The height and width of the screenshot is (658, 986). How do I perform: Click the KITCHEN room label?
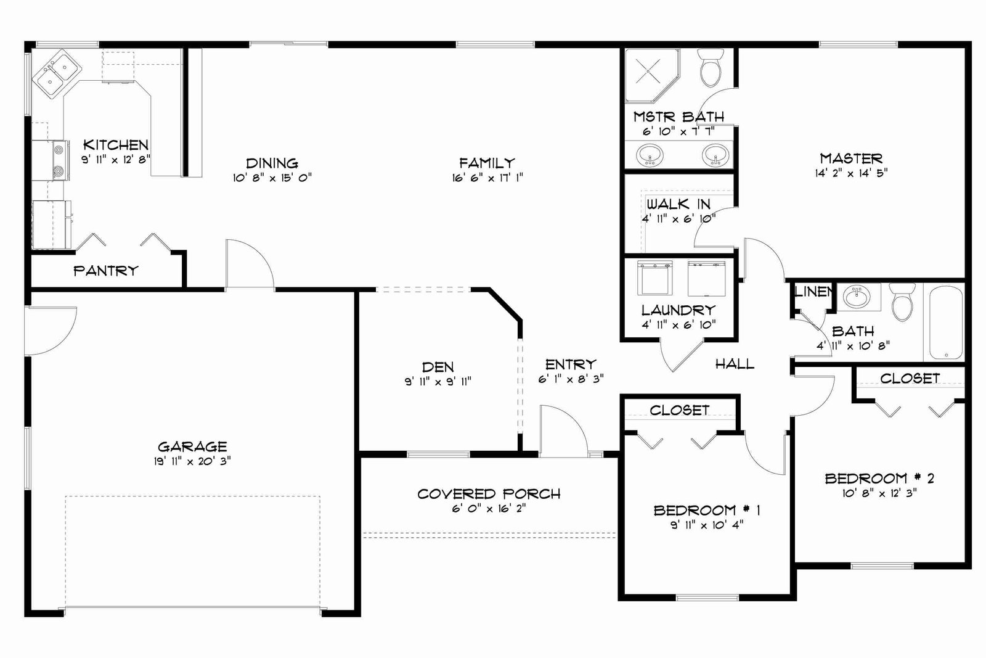[116, 144]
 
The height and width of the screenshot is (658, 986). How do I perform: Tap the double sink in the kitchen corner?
[56, 74]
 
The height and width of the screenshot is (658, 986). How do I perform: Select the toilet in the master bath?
[711, 67]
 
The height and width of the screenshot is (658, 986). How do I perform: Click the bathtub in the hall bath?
[946, 323]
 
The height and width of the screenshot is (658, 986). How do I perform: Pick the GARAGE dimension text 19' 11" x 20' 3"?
[192, 461]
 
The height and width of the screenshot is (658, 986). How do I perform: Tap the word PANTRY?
[105, 271]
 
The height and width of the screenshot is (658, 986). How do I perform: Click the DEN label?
[438, 367]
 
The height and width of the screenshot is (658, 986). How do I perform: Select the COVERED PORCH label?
[489, 494]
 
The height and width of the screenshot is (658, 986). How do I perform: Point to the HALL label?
[735, 364]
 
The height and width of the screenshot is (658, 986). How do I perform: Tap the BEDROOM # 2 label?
[879, 478]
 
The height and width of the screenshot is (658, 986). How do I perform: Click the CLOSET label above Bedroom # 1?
[679, 410]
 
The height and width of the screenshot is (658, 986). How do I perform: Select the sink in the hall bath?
[857, 296]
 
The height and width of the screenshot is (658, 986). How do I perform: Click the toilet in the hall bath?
[902, 302]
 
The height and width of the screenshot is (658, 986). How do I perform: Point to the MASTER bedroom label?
[851, 158]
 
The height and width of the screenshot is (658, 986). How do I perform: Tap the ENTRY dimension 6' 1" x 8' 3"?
[571, 379]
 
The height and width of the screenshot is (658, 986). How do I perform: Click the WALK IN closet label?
[678, 204]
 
